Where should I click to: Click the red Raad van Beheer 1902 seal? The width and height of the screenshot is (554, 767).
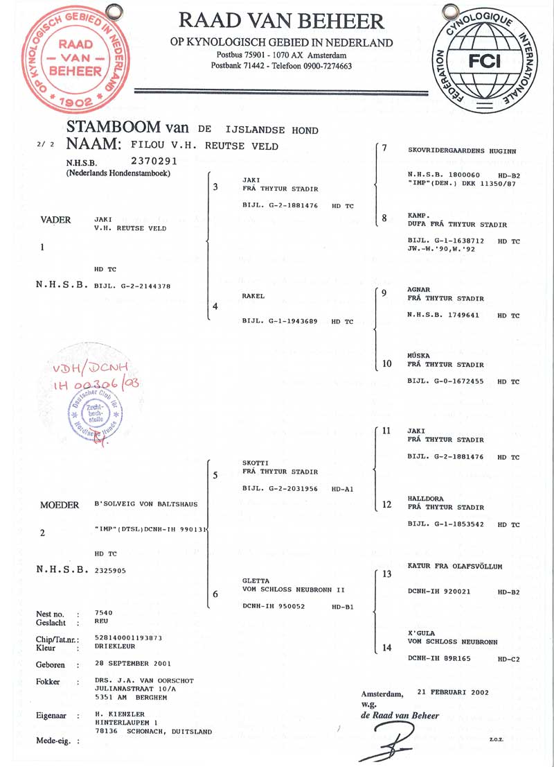click(75, 59)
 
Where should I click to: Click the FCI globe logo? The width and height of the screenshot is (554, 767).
click(484, 59)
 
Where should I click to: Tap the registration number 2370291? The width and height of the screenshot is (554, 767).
click(154, 161)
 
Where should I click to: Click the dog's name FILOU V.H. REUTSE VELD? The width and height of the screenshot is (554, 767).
click(204, 146)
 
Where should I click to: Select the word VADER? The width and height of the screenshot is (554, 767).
click(55, 220)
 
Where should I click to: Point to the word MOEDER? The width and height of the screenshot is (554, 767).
click(60, 505)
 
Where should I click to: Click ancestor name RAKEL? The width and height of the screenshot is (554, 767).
click(253, 296)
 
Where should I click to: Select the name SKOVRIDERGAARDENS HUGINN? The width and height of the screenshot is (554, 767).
click(462, 150)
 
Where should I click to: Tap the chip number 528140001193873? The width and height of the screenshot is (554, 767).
click(129, 638)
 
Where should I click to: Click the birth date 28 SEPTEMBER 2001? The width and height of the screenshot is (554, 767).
click(133, 663)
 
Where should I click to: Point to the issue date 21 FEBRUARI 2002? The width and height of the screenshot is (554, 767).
click(453, 692)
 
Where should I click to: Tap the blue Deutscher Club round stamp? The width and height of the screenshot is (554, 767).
click(96, 413)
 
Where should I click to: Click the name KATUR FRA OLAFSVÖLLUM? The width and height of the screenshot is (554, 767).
click(455, 566)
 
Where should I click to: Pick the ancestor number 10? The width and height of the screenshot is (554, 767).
click(387, 363)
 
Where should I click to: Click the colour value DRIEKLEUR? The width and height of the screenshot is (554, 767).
click(115, 646)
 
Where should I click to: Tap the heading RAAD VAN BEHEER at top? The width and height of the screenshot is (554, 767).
click(281, 21)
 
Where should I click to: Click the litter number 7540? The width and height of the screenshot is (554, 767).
click(104, 612)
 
